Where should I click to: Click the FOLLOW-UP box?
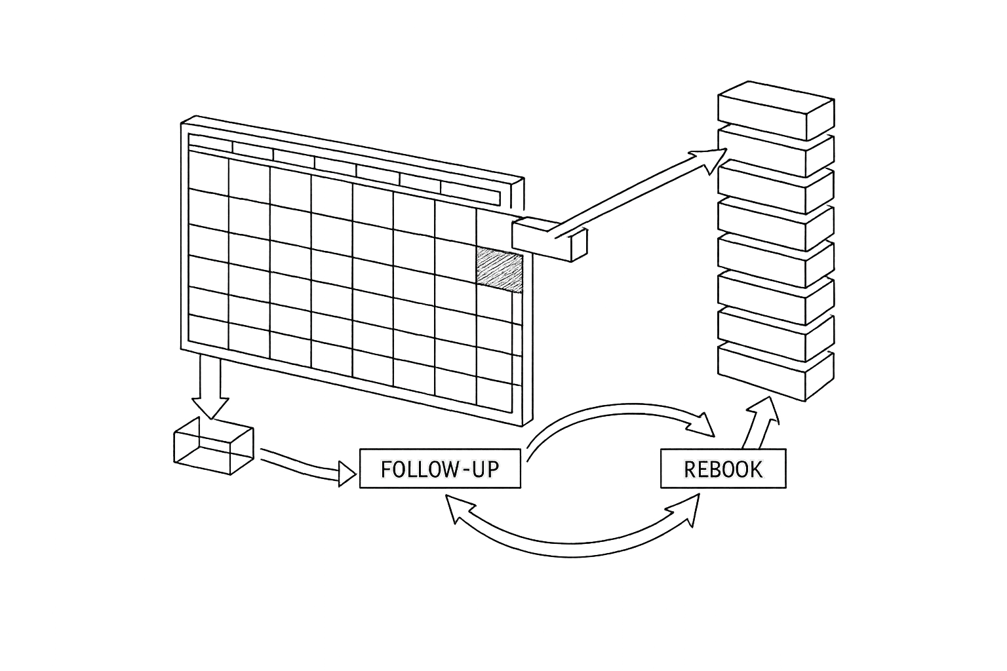(440, 469)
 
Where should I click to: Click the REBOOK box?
(722, 469)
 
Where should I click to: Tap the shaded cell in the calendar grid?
(500, 269)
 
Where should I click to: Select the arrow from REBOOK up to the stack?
(760, 423)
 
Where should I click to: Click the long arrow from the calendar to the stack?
(642, 190)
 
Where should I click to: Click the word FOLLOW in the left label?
(413, 469)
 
